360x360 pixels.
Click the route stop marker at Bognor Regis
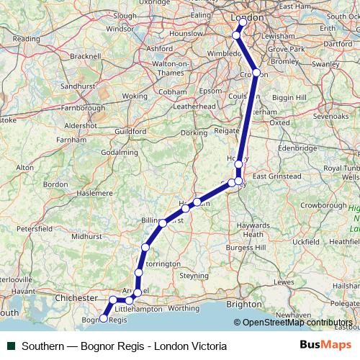click(104, 318)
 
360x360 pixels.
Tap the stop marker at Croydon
click(256, 73)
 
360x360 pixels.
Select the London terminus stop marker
click(243, 22)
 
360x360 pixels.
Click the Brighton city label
click(245, 304)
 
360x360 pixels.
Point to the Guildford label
click(130, 132)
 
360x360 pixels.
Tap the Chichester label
click(75, 297)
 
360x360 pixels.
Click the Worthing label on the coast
click(183, 307)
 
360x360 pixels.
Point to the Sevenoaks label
click(330, 115)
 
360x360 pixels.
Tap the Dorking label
click(193, 132)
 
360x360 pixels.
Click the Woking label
click(134, 96)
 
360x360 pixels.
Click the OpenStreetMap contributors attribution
click(297, 323)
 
